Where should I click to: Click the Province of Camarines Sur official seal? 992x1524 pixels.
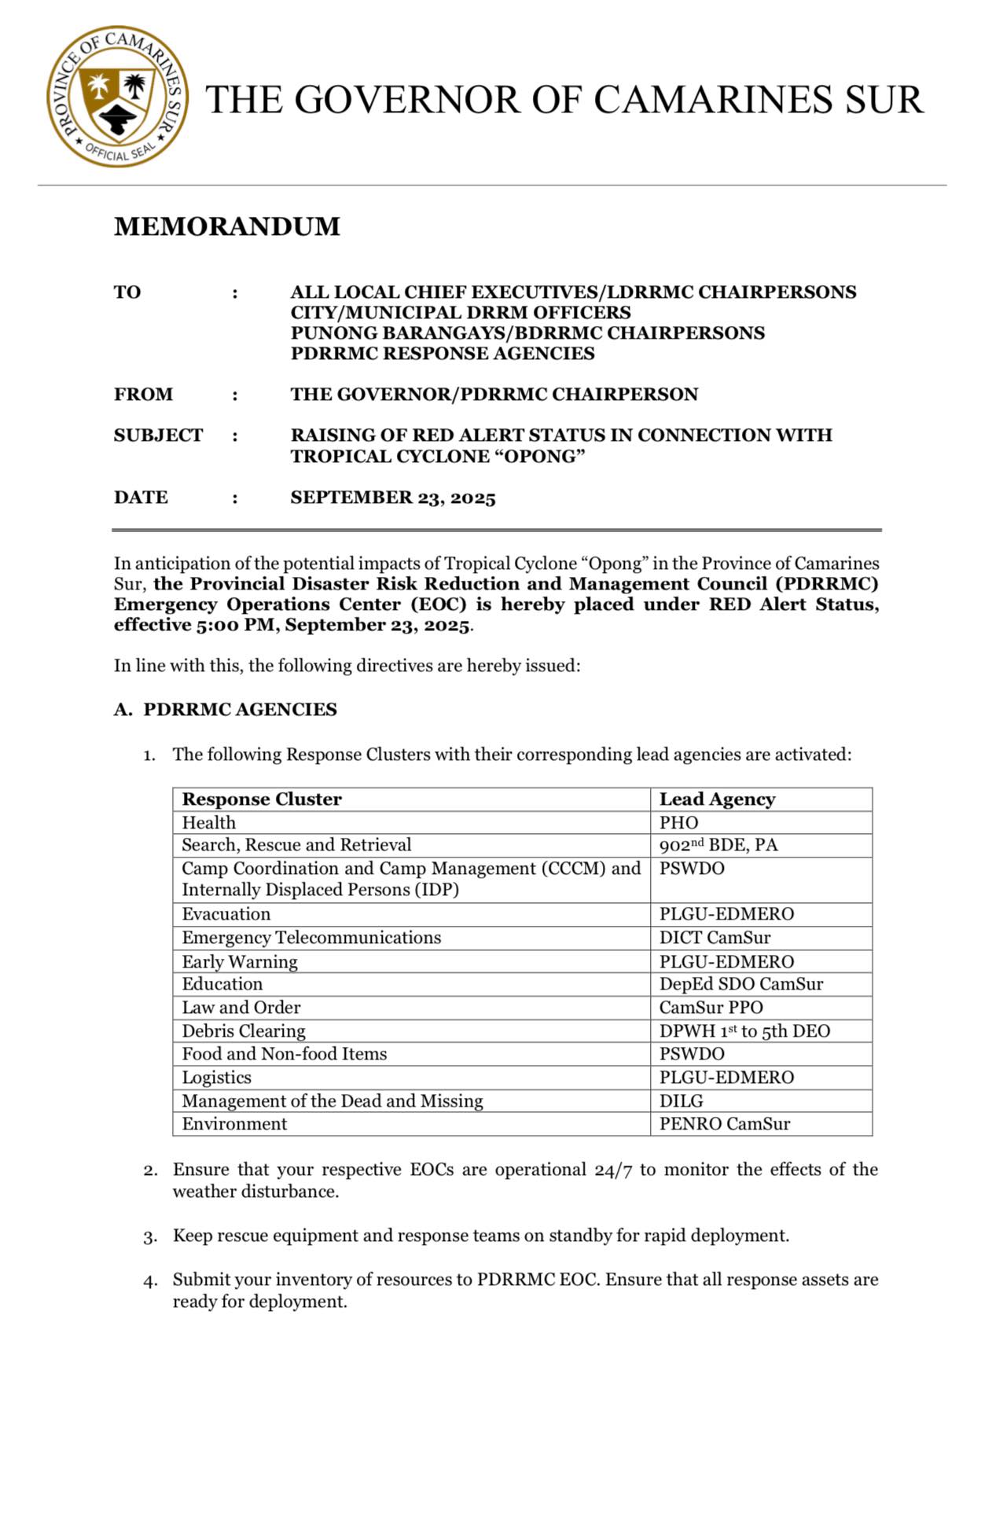click(117, 96)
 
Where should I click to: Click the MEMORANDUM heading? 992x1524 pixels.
click(227, 226)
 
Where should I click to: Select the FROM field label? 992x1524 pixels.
click(143, 395)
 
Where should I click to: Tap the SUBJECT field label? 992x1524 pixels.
click(158, 435)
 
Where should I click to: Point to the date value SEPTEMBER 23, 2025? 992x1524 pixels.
click(393, 498)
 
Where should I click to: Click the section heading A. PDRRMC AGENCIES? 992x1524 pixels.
click(226, 710)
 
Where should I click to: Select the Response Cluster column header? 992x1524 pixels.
click(262, 799)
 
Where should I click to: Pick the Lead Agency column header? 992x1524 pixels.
click(717, 799)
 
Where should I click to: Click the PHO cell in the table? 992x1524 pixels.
click(679, 823)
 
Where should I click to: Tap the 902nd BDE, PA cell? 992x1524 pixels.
click(718, 845)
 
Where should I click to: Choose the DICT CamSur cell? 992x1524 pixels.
click(715, 938)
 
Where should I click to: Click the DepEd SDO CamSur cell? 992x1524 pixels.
click(741, 984)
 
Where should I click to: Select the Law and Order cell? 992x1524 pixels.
click(241, 1008)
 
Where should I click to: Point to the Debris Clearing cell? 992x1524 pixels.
click(244, 1031)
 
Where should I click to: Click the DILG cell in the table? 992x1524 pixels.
click(682, 1101)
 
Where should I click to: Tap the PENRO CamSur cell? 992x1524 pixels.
click(725, 1124)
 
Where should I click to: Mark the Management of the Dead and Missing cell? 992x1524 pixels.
click(333, 1101)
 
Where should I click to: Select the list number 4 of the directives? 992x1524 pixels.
click(150, 1281)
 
